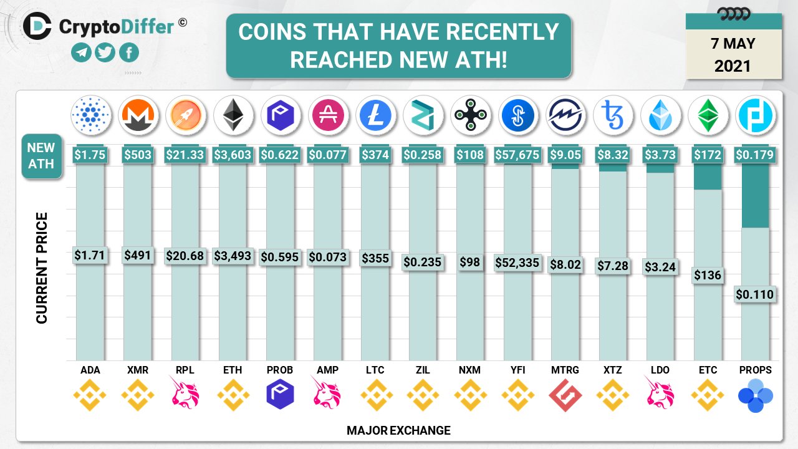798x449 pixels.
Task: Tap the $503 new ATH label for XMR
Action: click(138, 155)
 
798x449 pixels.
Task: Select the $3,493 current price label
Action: click(233, 256)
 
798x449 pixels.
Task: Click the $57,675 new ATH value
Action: click(517, 155)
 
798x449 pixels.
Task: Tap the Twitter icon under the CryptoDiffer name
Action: click(105, 53)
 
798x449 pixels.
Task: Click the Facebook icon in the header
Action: click(129, 53)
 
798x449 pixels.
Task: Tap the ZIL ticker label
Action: click(422, 370)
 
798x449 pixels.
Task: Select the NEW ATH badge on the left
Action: click(41, 156)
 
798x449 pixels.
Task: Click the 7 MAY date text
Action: click(733, 44)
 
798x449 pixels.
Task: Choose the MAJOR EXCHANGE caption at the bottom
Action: click(398, 430)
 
